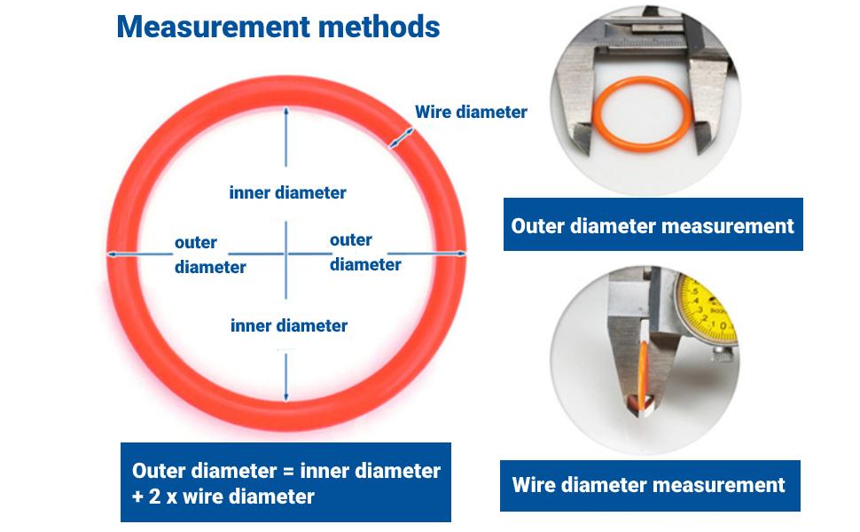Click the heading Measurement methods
(x=278, y=27)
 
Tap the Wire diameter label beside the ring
(x=471, y=112)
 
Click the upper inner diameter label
(x=287, y=192)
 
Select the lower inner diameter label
(x=289, y=325)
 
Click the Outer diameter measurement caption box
(x=653, y=225)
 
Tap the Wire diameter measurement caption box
(x=649, y=485)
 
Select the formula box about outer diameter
(x=285, y=482)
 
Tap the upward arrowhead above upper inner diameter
(x=285, y=112)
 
